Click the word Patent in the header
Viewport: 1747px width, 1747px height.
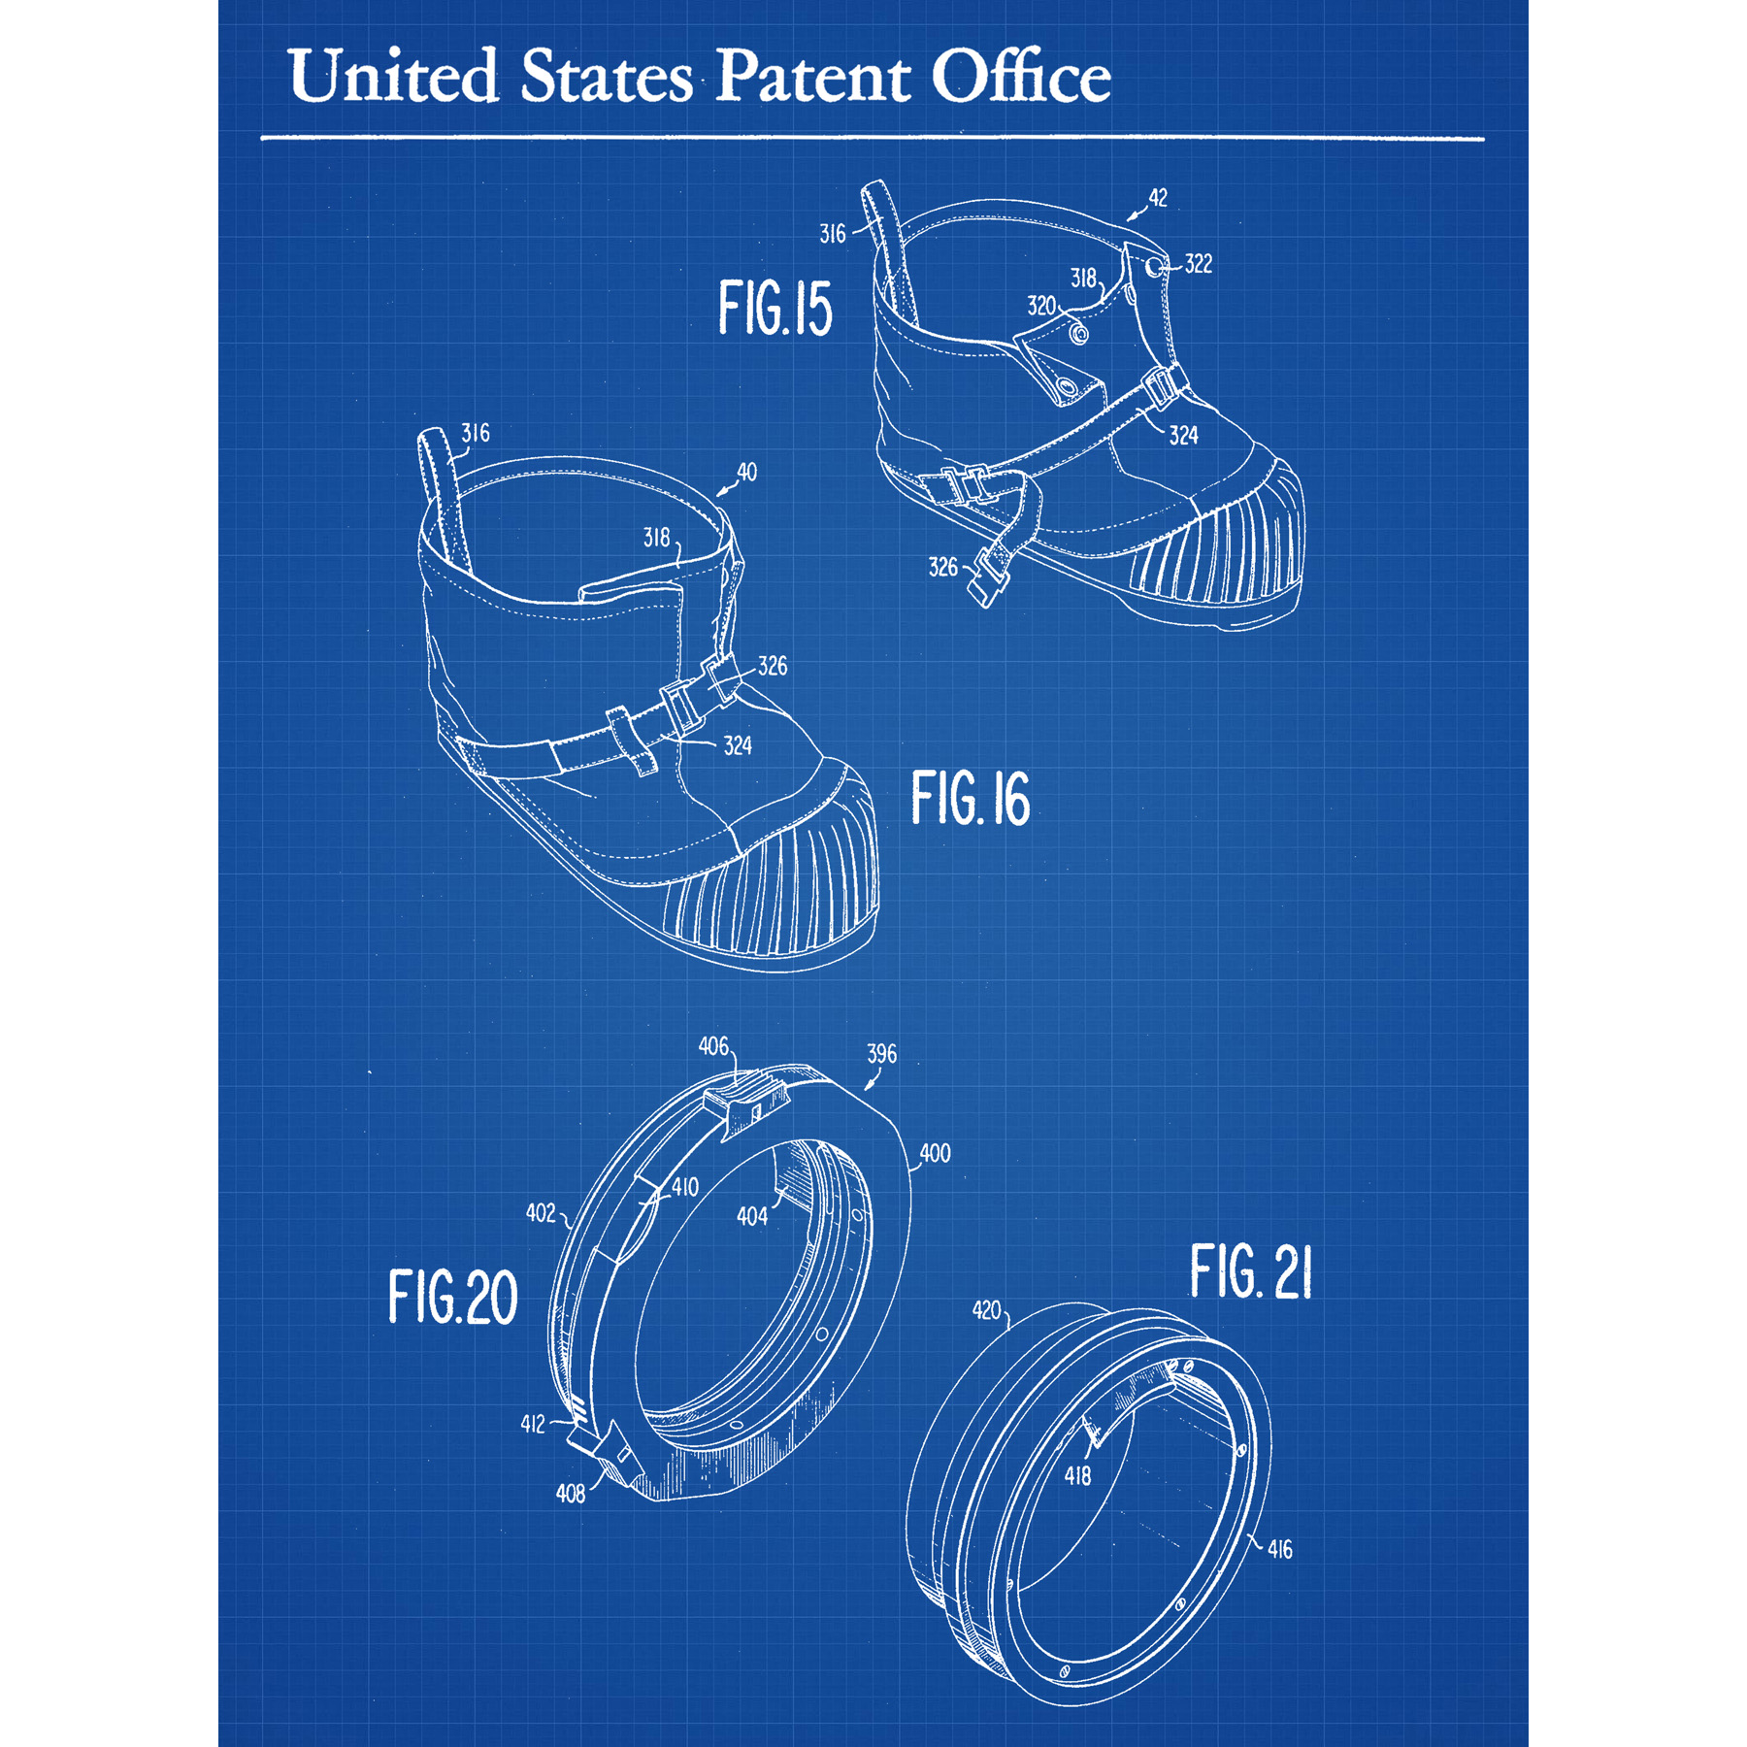(813, 76)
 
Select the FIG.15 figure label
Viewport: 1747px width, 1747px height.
(775, 309)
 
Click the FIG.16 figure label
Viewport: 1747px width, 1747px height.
(970, 799)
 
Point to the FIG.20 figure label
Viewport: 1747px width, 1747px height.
(452, 1297)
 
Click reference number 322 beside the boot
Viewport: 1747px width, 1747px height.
(1198, 264)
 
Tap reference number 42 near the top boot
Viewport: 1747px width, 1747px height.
(1158, 198)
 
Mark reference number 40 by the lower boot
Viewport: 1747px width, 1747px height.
(746, 473)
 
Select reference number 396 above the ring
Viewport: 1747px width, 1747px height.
(881, 1054)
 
